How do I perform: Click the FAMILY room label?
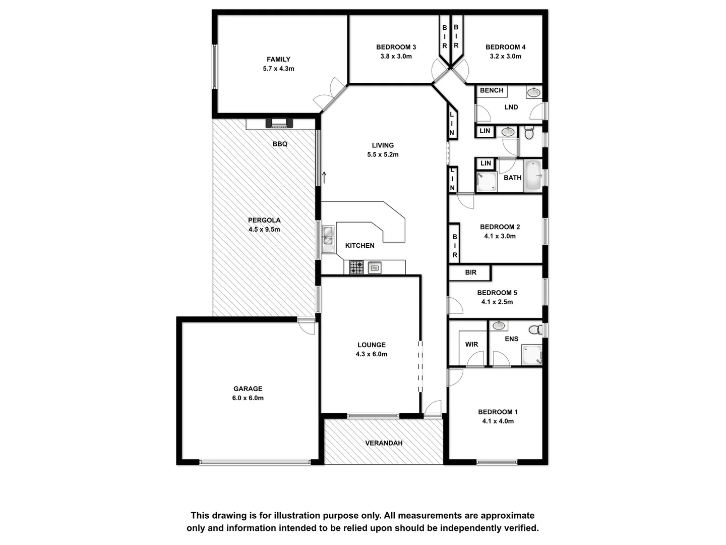pos(278,59)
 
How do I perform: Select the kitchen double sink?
pos(328,239)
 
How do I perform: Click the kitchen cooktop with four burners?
pos(356,267)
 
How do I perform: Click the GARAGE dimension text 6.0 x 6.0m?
pos(248,398)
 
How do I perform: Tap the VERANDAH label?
pos(384,443)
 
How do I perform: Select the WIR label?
pos(471,344)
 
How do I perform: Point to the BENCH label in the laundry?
pos(492,90)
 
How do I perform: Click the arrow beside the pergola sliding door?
pos(325,177)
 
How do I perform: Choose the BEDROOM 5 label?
pos(497,293)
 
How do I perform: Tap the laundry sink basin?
pos(533,92)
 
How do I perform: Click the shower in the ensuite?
pos(531,354)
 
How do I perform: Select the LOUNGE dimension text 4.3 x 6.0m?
pos(372,354)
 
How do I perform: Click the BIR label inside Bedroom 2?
pos(455,246)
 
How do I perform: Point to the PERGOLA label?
pos(264,220)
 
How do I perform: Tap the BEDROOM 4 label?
pos(505,47)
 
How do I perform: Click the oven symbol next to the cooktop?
pos(375,267)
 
